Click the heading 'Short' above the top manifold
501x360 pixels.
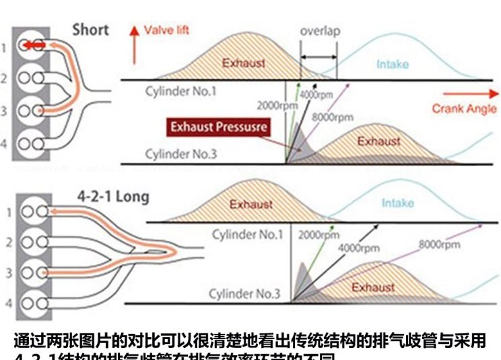(x=90, y=30)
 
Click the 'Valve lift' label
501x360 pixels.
(x=167, y=30)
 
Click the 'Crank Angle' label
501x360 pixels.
(x=464, y=108)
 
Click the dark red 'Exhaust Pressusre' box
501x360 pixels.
(x=219, y=127)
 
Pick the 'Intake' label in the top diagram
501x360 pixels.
(x=392, y=65)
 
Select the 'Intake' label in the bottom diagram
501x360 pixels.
(x=397, y=203)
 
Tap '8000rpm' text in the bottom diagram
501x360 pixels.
(x=439, y=244)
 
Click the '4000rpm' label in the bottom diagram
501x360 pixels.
(x=359, y=248)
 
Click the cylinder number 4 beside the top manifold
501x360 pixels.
(x=5, y=143)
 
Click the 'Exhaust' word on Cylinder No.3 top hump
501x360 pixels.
(x=378, y=141)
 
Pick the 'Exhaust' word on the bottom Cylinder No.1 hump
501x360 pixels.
(x=251, y=204)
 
